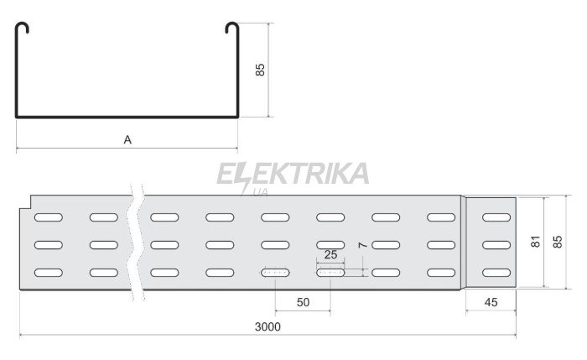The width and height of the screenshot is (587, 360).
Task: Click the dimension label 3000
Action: [x=268, y=326]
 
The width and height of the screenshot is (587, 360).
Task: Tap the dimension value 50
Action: [x=303, y=302]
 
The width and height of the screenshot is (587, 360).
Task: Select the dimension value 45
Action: [x=491, y=302]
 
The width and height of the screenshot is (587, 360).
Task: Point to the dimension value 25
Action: [x=330, y=255]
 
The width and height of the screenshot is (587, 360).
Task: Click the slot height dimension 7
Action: [x=362, y=245]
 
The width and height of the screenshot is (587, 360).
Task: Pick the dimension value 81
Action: [x=535, y=242]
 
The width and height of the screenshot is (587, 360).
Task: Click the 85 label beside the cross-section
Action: [x=260, y=70]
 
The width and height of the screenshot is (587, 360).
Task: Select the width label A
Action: [x=127, y=140]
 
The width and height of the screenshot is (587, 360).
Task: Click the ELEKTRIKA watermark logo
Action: [x=293, y=175]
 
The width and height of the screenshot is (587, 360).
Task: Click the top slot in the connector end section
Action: [x=496, y=217]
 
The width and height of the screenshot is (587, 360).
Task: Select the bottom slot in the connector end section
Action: [x=496, y=273]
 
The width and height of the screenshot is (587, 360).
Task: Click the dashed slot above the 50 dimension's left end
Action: [x=275, y=273]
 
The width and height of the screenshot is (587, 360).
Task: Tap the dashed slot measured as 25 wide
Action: [x=330, y=273]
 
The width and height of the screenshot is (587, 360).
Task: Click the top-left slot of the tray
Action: [x=49, y=217]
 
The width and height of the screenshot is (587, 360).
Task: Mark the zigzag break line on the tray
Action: [x=136, y=242]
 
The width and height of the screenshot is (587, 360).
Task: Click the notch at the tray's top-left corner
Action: [x=25, y=203]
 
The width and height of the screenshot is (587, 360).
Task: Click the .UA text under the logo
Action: [x=259, y=192]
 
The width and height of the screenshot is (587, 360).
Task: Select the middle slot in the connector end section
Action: [x=496, y=245]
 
